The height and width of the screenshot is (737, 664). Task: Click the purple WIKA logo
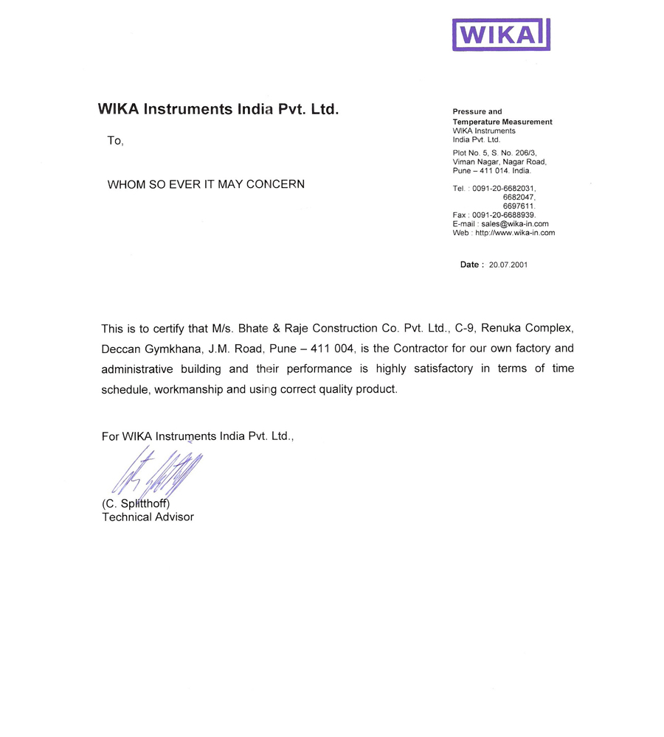point(501,35)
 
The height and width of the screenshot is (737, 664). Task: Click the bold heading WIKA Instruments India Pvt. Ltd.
point(218,110)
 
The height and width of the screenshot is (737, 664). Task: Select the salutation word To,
point(115,141)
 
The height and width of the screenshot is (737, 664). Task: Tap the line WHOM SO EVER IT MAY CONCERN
point(206,184)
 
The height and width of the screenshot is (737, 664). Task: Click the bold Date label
point(471,265)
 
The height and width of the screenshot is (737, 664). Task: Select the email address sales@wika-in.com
point(513,224)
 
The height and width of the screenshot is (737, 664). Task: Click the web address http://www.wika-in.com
point(515,233)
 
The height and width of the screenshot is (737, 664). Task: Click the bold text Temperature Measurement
point(502,122)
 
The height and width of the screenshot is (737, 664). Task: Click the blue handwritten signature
point(155,472)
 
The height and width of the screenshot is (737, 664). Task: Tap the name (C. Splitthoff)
point(136,504)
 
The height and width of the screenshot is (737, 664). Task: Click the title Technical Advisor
point(148,517)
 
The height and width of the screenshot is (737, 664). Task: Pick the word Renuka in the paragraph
point(499,327)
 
